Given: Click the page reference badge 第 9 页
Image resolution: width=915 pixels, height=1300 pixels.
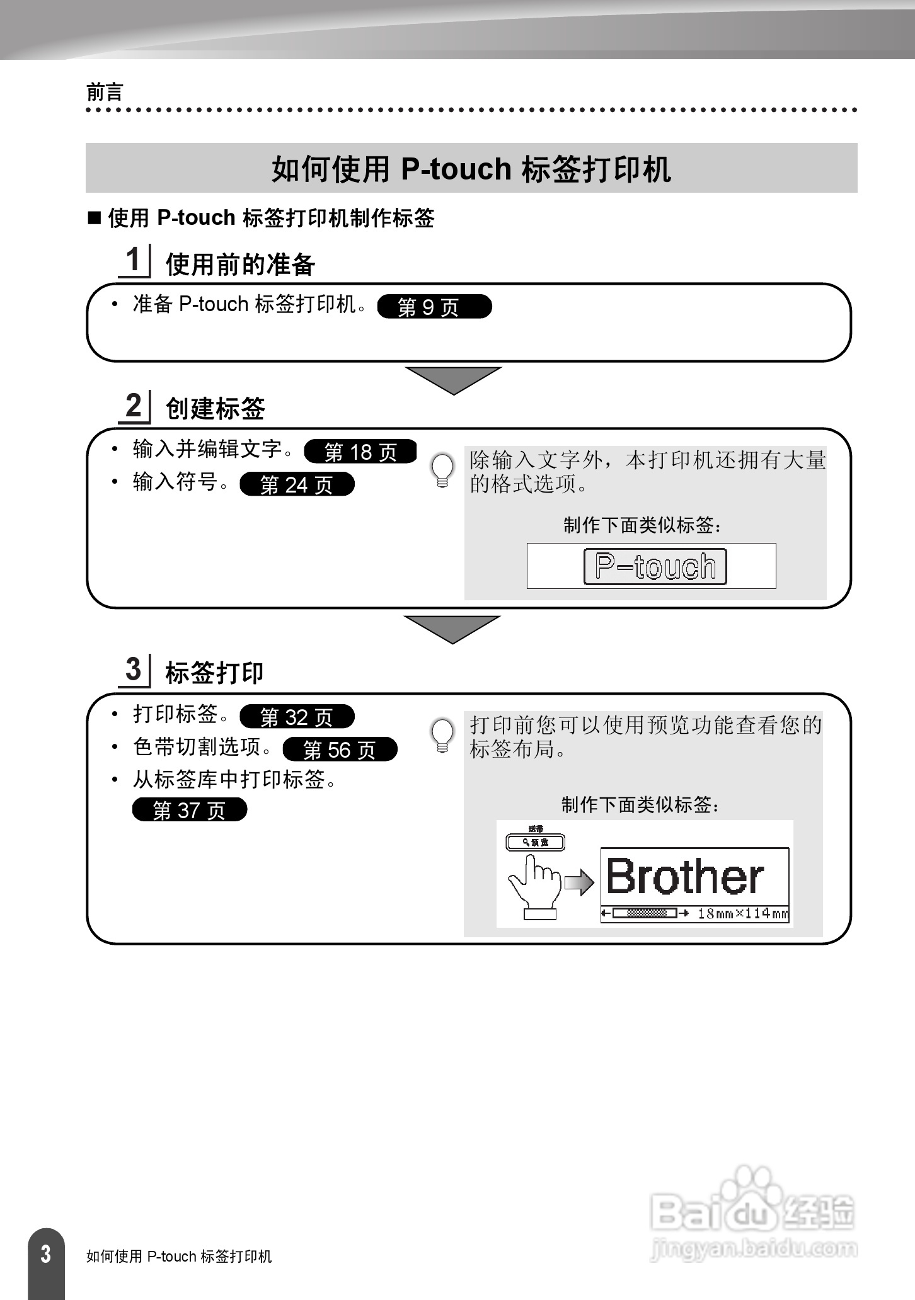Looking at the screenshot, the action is click(x=434, y=307).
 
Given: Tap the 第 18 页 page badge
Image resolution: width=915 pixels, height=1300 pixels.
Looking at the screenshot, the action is click(x=360, y=452).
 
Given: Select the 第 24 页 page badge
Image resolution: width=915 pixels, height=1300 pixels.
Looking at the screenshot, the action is click(x=297, y=484).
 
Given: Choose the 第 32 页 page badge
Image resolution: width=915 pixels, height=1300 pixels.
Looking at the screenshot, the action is click(x=297, y=717).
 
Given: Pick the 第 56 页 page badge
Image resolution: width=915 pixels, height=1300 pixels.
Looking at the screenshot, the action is click(x=340, y=750).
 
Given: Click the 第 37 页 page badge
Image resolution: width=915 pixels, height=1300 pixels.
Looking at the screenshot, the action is click(x=189, y=810).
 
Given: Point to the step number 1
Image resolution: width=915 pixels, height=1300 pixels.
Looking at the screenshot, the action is click(x=133, y=259).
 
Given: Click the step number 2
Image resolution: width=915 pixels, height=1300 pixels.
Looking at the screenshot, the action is click(x=133, y=406).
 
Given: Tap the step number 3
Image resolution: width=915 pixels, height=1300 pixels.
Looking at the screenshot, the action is click(x=133, y=669).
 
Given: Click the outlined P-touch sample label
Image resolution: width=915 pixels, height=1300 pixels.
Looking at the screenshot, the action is click(x=655, y=567).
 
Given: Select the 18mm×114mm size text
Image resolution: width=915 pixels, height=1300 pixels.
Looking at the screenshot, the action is click(x=742, y=913).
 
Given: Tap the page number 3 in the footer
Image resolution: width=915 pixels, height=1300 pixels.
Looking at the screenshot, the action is click(x=45, y=1254).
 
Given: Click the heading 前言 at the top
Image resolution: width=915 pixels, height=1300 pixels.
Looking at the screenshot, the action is click(x=105, y=93).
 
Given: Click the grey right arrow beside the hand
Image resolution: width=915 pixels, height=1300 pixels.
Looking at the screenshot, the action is click(x=579, y=883).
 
